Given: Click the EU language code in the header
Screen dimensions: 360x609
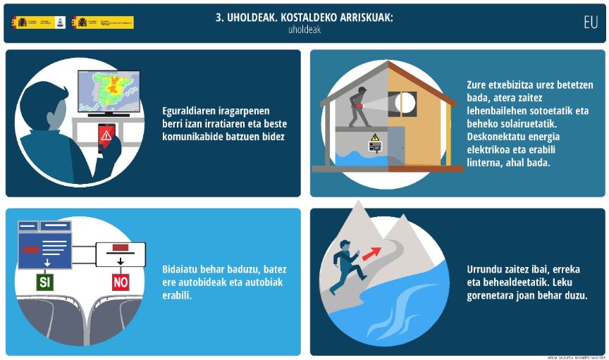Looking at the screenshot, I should point(590,22).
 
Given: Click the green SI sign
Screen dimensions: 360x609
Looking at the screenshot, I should point(44,283).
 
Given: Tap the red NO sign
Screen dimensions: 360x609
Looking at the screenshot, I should point(121,283).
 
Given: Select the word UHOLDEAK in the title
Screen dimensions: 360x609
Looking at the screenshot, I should point(247,18).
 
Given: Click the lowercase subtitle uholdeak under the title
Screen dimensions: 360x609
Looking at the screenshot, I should point(304,30).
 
